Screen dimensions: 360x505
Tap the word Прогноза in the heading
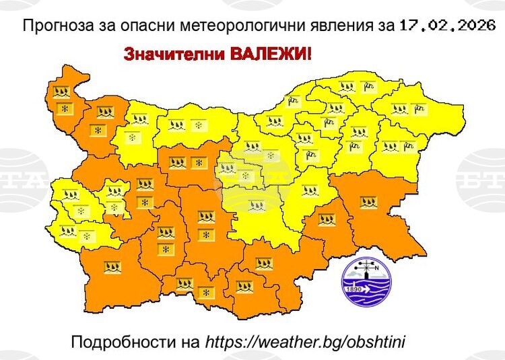53,27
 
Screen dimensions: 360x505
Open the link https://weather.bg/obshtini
306,342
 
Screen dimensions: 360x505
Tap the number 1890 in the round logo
354,289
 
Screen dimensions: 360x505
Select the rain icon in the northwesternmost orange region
62,92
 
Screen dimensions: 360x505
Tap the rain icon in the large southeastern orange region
368,201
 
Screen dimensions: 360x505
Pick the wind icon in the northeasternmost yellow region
419,108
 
